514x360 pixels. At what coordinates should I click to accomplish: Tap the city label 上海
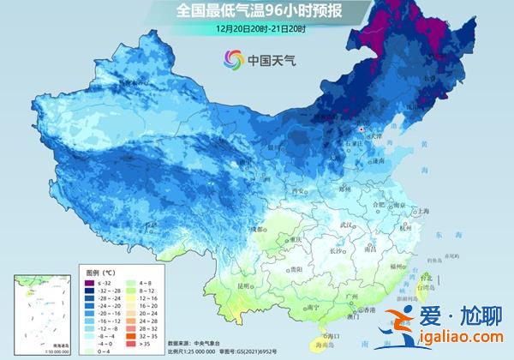coord(421,210)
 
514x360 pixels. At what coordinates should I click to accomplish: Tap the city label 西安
coord(297,190)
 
